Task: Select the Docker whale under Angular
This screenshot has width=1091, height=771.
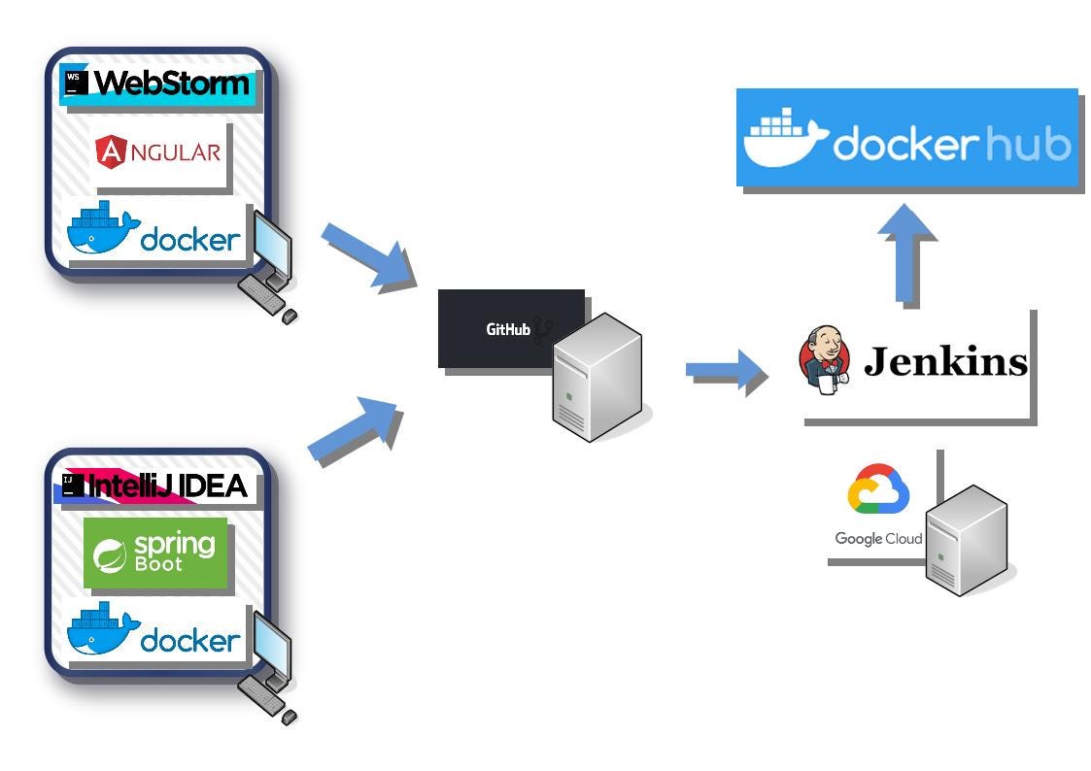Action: pyautogui.click(x=102, y=231)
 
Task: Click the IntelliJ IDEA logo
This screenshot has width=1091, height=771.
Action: pyautogui.click(x=155, y=486)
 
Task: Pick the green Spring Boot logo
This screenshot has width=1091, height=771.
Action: pyautogui.click(x=155, y=553)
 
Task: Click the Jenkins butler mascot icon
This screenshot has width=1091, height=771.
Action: pyautogui.click(x=823, y=360)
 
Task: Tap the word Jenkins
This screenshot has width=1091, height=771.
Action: pyautogui.click(x=944, y=362)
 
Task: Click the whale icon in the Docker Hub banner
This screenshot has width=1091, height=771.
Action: pyautogui.click(x=785, y=138)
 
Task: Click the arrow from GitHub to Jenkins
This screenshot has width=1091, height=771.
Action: pyautogui.click(x=725, y=369)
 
